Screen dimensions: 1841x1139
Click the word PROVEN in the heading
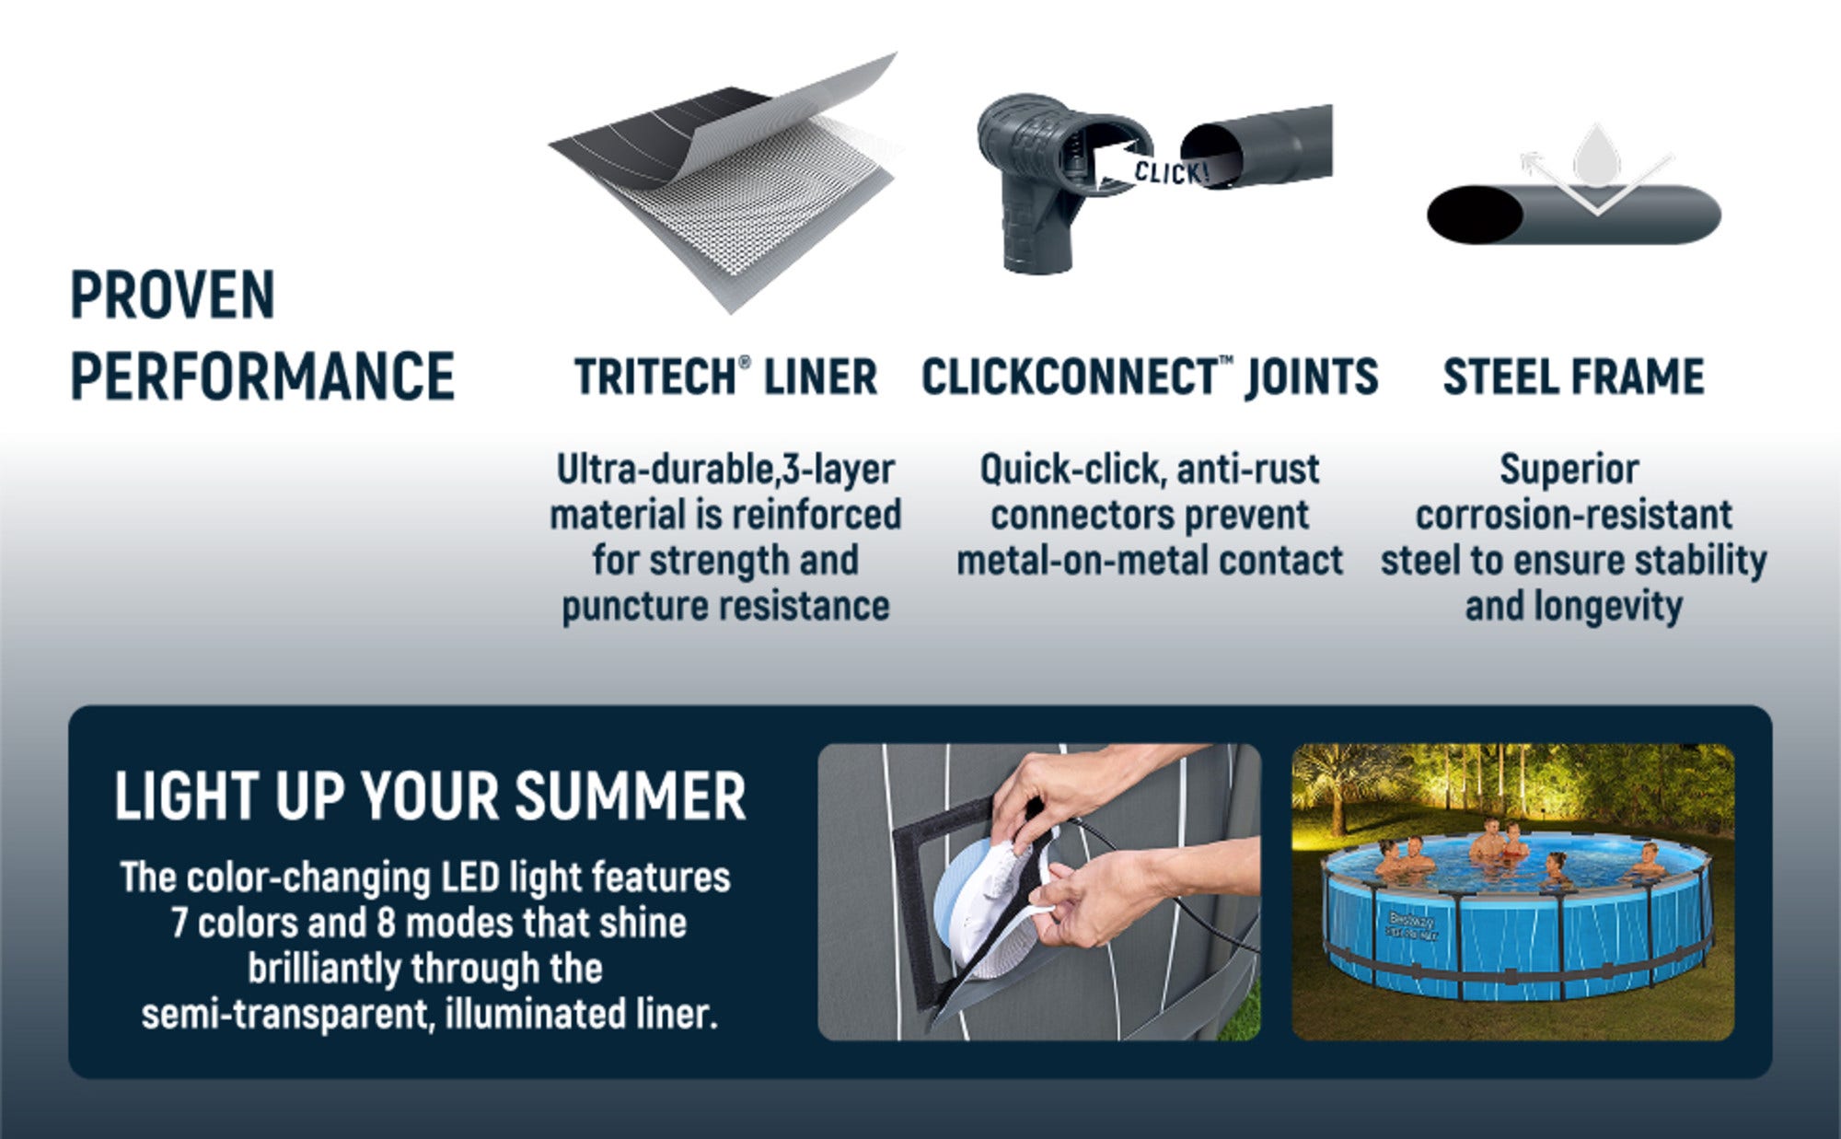[x=173, y=295]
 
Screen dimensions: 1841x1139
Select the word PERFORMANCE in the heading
[x=262, y=376]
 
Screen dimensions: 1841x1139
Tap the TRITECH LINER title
[x=725, y=377]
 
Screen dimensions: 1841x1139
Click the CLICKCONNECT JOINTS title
[x=1150, y=377]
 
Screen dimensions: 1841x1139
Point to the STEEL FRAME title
[x=1573, y=377]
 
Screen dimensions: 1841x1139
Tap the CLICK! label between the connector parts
[x=1170, y=171]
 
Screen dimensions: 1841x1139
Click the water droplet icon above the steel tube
[x=1596, y=157]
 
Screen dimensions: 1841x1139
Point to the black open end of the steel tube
[x=1474, y=215]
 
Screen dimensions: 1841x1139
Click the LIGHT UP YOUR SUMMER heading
[x=430, y=796]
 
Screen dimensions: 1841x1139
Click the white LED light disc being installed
[x=990, y=907]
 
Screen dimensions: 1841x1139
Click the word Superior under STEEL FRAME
[x=1569, y=470]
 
